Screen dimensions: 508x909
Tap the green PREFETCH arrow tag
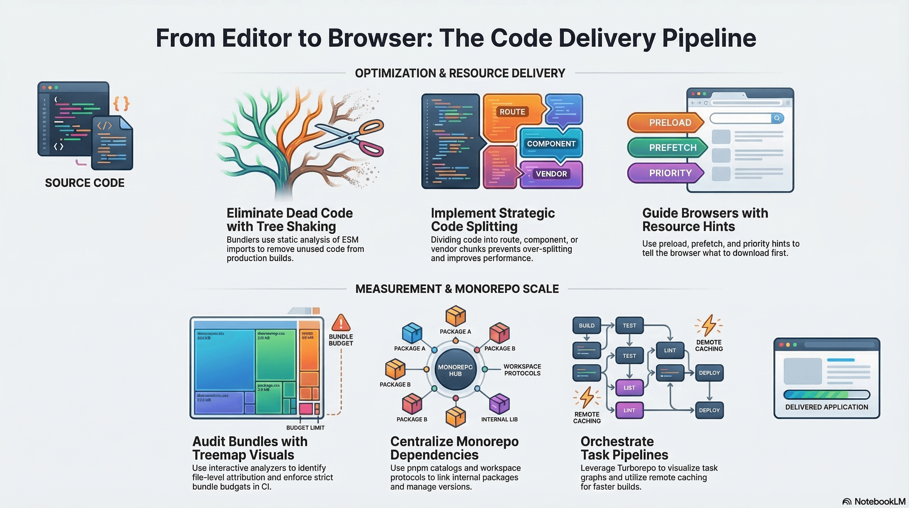(x=667, y=148)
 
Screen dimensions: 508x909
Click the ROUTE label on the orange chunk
(x=512, y=112)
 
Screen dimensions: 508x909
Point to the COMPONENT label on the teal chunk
(x=551, y=144)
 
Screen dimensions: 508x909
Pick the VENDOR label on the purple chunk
(x=551, y=174)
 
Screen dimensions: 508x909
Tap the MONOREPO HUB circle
(x=455, y=370)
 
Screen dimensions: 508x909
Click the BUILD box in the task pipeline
(x=587, y=325)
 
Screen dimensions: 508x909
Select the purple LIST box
(x=629, y=388)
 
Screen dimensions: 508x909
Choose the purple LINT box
(x=629, y=410)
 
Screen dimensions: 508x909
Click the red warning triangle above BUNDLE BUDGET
(x=341, y=323)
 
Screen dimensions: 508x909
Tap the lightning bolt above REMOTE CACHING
(x=587, y=398)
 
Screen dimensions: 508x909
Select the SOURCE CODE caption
(x=85, y=183)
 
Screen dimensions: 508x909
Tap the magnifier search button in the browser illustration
(x=777, y=118)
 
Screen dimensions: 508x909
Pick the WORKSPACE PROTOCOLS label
(x=522, y=370)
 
